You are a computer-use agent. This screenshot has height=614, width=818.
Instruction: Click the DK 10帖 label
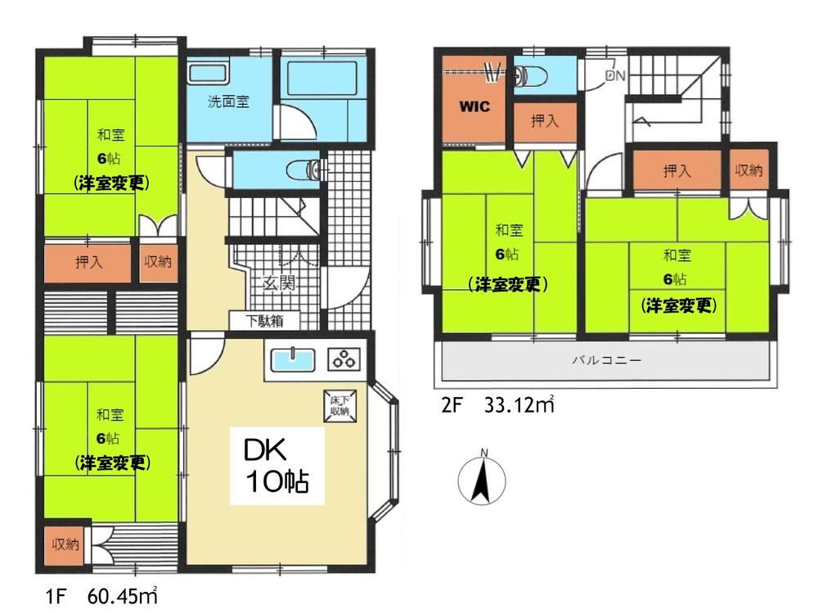(x=277, y=466)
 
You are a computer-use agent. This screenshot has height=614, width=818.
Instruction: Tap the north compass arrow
(x=481, y=478)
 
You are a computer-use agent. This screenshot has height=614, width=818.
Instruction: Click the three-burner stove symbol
(x=344, y=359)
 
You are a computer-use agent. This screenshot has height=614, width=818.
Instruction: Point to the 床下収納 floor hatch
(x=340, y=406)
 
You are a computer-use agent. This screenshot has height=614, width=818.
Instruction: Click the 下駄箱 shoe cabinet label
(x=265, y=321)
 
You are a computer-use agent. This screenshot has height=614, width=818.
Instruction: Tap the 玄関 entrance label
(x=279, y=283)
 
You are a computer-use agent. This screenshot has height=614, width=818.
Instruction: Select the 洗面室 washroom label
(x=228, y=102)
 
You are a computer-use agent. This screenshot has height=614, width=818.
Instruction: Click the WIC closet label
(x=474, y=106)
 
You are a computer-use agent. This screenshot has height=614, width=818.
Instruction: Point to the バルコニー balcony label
(x=606, y=359)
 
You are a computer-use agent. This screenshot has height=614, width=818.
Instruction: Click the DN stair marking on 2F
(x=615, y=75)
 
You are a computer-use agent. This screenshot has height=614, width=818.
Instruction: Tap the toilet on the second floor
(x=529, y=77)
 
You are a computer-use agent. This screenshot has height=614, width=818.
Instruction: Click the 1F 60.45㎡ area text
(x=101, y=596)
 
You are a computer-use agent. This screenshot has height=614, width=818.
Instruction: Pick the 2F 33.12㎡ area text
(x=497, y=404)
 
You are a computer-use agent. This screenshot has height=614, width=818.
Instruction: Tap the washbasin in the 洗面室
(x=207, y=73)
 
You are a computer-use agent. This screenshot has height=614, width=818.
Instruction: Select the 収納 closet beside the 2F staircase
(x=748, y=170)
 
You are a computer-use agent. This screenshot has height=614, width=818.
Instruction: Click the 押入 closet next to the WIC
(x=545, y=121)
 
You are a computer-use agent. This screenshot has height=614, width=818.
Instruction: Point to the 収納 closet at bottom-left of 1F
(x=65, y=545)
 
